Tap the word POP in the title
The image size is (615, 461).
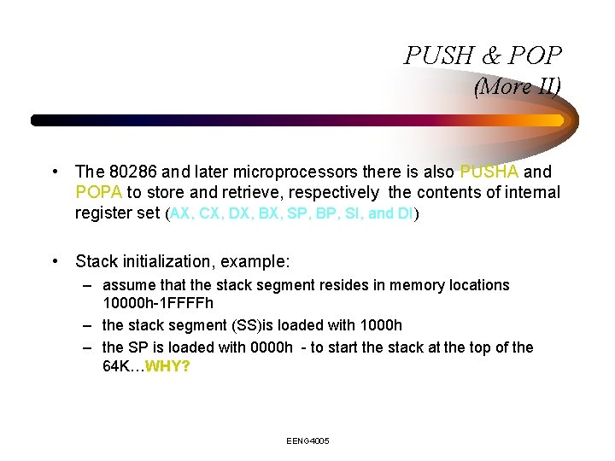[535, 55]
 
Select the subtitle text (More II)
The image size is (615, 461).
[518, 86]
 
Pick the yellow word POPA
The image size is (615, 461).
[99, 192]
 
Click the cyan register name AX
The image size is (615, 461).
[180, 213]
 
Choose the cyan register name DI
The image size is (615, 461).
[406, 213]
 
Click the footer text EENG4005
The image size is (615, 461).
[307, 441]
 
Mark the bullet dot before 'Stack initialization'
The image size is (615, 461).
[55, 260]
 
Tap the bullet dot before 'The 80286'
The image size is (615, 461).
[55, 172]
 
